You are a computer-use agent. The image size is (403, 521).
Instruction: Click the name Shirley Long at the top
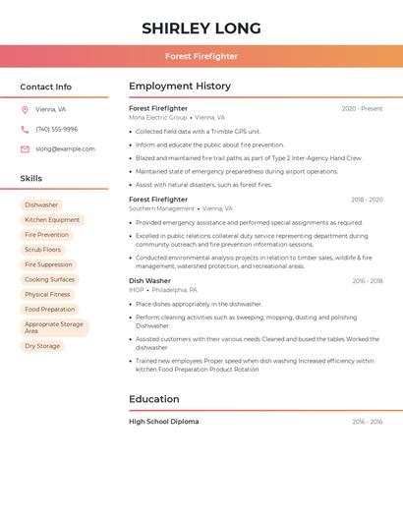click(x=201, y=28)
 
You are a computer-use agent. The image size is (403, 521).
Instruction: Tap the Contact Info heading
click(x=45, y=87)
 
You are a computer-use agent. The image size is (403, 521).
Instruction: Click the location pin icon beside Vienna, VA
click(x=25, y=110)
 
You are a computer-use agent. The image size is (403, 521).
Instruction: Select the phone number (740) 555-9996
click(x=56, y=130)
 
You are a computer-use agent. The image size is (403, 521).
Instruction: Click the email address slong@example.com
click(x=65, y=149)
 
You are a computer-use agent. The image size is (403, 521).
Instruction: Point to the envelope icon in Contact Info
click(x=25, y=149)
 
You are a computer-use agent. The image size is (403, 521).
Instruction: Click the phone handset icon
click(x=25, y=130)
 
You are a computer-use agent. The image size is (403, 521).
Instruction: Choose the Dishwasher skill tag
click(x=41, y=205)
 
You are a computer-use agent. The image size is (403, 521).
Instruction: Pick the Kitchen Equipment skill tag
click(x=52, y=220)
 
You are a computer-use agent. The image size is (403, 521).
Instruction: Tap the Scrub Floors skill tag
click(x=43, y=250)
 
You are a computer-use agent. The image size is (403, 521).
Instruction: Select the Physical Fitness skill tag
click(x=47, y=294)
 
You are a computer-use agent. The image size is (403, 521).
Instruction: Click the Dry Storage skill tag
click(x=42, y=346)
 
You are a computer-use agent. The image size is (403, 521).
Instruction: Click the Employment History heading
click(x=180, y=87)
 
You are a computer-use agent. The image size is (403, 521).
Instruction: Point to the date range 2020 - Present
click(x=362, y=108)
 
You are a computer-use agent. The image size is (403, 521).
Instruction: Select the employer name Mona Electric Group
click(x=157, y=117)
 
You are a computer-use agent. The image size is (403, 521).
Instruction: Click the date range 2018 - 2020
click(x=366, y=200)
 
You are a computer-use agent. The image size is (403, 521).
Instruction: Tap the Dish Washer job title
click(x=149, y=281)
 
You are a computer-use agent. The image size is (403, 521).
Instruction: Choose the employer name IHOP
click(x=137, y=290)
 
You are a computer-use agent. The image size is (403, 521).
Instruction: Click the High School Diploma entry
click(x=163, y=422)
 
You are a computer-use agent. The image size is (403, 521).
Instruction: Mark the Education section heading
click(x=154, y=399)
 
